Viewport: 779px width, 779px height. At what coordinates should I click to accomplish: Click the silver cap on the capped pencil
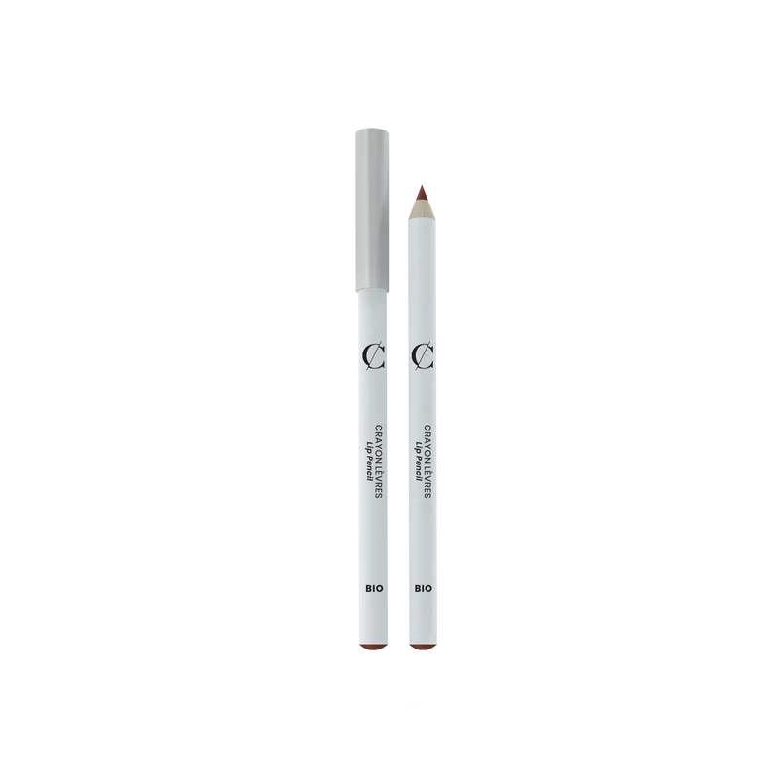pos(372,210)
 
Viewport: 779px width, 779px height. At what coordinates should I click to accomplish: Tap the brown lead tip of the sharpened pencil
pos(422,193)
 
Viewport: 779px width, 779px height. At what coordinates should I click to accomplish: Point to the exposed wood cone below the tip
pos(422,209)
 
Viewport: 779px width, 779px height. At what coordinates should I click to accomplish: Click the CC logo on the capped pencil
pos(373,356)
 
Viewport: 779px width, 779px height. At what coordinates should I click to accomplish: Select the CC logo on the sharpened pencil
pos(423,356)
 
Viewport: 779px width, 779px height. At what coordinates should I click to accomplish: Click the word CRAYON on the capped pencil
pos(378,443)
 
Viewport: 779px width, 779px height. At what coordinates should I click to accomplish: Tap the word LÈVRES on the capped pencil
pos(378,481)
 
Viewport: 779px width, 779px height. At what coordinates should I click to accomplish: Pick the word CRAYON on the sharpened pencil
pos(427,443)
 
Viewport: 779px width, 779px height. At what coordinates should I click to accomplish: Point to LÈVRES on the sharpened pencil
pos(427,481)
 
